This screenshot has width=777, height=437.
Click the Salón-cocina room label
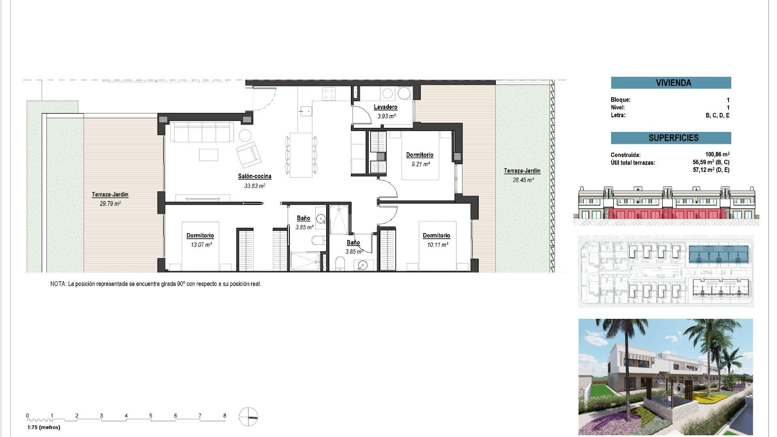pos(254,176)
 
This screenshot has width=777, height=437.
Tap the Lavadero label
pos(385,107)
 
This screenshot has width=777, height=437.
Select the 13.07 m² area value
pos(201,245)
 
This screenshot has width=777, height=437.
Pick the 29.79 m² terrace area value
pos(110,204)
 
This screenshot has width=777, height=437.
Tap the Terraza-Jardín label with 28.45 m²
pos(522,171)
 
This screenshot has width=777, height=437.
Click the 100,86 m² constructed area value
pos(717,155)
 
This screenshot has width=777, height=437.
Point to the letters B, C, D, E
pos(717,115)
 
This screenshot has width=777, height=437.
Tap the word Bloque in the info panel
pos(620,100)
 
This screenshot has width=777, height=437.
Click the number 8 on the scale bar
pos(225,416)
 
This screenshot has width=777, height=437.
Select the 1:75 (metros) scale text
pos(44,427)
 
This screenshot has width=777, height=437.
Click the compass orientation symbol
pos(248,417)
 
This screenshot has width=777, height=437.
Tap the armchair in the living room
pos(248,155)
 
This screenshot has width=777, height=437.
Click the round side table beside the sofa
pos(245,135)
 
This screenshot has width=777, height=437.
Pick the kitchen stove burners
pos(329,94)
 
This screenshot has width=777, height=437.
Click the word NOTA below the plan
pos(58,284)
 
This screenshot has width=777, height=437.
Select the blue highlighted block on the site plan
pos(718,255)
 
